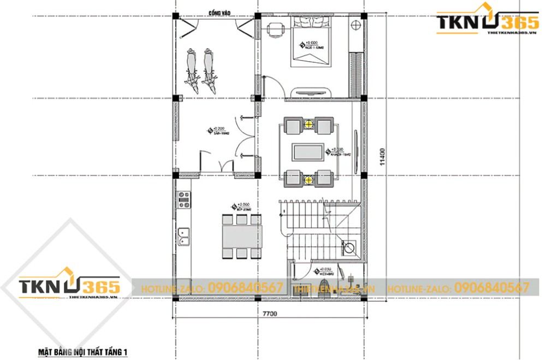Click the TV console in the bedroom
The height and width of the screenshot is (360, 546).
[x=312, y=92]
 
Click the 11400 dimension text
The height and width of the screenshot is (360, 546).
[x=383, y=155]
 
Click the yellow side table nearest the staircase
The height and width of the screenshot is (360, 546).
[x=309, y=178]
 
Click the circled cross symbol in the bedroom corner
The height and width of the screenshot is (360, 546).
[x=356, y=25]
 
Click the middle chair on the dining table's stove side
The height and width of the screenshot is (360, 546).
[x=240, y=219]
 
